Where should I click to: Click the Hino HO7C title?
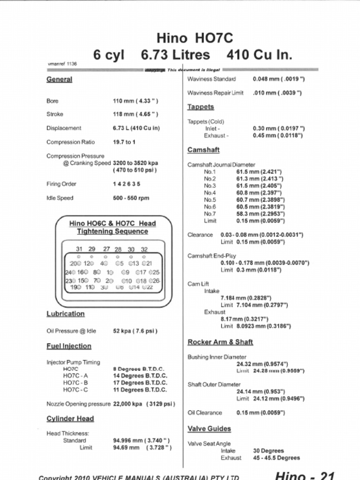click(195, 37)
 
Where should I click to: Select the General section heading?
click(59, 79)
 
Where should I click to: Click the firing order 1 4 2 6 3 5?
click(127, 184)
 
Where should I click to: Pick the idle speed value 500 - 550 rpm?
click(131, 198)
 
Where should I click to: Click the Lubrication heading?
click(66, 314)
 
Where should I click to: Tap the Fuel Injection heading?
click(69, 346)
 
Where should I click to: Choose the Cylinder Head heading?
click(70, 419)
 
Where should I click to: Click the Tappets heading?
click(201, 107)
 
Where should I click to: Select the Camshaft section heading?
click(203, 150)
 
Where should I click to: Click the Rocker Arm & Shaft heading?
click(220, 342)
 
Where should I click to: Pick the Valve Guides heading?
click(209, 428)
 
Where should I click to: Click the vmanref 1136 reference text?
click(62, 63)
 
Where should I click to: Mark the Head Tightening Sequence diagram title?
click(112, 227)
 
